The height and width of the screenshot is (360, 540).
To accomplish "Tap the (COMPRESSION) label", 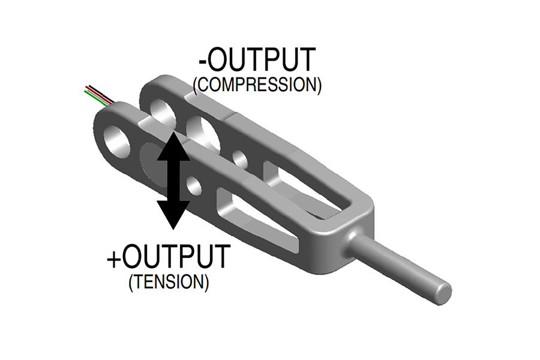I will (257, 85).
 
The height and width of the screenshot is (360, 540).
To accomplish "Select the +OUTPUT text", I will (169, 257).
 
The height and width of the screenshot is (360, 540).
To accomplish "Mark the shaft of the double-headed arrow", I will (173, 180).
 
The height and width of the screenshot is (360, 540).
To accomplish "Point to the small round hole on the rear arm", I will (241, 159).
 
